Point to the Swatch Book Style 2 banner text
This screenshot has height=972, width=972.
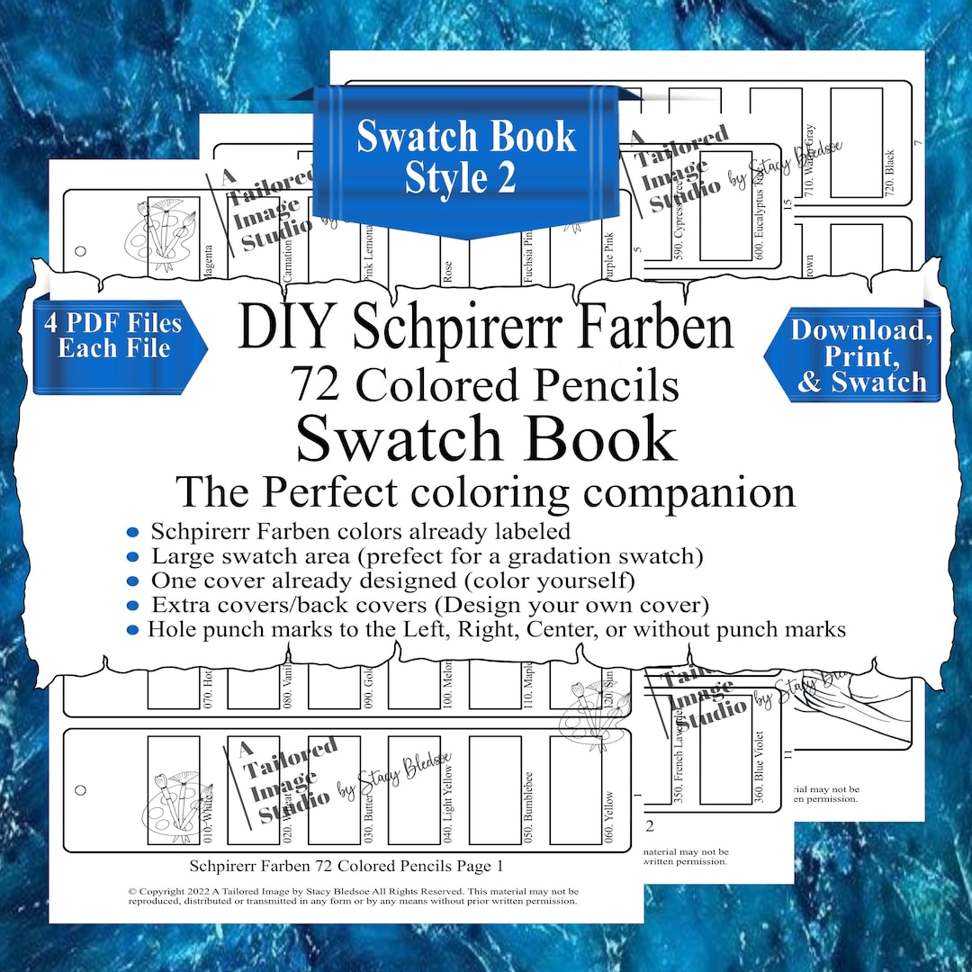464,157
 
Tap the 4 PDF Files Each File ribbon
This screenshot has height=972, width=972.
114,336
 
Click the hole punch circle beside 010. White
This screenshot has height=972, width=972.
80,790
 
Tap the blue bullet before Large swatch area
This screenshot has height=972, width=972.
133,556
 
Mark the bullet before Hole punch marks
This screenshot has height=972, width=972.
133,629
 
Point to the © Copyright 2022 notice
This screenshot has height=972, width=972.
354,895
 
